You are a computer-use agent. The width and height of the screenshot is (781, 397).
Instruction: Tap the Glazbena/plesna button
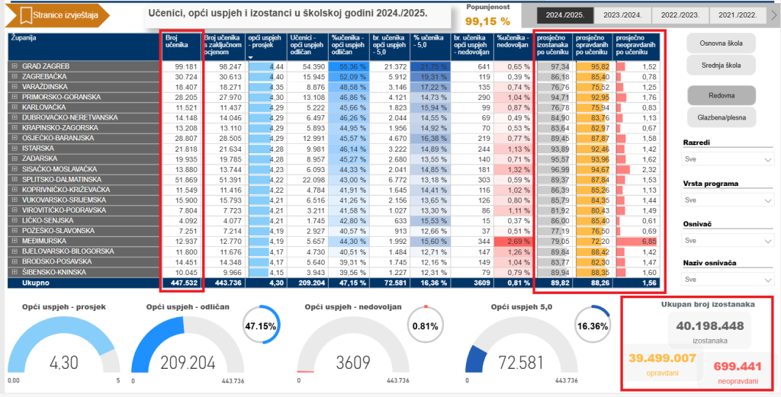click(722, 117)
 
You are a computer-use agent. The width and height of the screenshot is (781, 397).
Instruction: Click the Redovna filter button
click(722, 95)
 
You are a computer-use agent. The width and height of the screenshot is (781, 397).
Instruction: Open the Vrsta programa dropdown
click(727, 200)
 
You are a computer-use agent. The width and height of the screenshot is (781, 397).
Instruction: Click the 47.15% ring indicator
click(259, 326)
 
